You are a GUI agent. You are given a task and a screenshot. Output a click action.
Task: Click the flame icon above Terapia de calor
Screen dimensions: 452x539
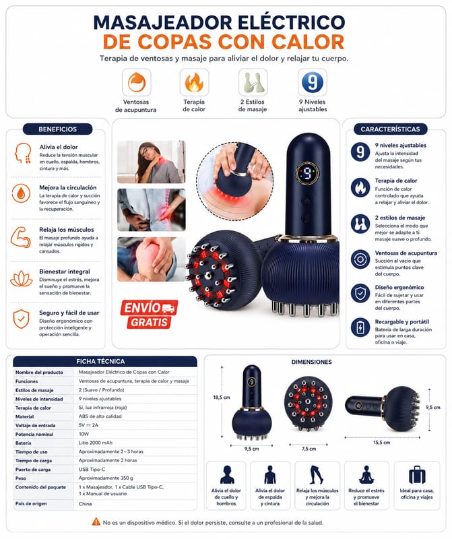point(194,82)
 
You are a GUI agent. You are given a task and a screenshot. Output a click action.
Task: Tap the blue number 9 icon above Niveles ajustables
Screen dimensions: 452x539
point(312,82)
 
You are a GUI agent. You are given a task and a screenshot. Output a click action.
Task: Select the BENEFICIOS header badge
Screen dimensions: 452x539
point(58,129)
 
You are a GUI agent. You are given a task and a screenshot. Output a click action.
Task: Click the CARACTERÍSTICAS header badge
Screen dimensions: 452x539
point(390,129)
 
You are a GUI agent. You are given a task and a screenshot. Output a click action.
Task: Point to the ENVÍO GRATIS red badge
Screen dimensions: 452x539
point(149,314)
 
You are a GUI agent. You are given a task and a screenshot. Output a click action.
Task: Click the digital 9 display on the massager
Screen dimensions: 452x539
point(308,173)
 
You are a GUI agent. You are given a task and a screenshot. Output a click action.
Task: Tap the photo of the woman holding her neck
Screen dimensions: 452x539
point(152,162)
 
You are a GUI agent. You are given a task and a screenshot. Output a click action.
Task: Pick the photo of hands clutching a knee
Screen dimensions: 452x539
point(152,259)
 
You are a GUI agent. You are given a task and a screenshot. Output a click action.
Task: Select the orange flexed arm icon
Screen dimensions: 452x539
point(21,237)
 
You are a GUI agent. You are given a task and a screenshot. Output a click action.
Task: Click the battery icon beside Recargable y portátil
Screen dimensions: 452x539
point(360,327)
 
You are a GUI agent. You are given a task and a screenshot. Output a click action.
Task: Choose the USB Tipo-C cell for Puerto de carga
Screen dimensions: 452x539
point(92,469)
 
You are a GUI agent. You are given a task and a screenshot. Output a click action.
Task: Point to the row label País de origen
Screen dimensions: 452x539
point(31,503)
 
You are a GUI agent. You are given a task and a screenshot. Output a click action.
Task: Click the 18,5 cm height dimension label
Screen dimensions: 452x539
point(222,398)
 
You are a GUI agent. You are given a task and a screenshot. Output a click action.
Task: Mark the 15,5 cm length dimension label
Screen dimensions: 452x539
point(381,443)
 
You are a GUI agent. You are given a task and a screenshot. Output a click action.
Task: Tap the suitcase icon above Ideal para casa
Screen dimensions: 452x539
point(417,475)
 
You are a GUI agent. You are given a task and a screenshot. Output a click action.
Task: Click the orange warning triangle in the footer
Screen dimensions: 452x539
point(96,521)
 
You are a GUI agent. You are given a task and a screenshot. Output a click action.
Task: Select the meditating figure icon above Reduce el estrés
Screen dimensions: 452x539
point(366,475)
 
